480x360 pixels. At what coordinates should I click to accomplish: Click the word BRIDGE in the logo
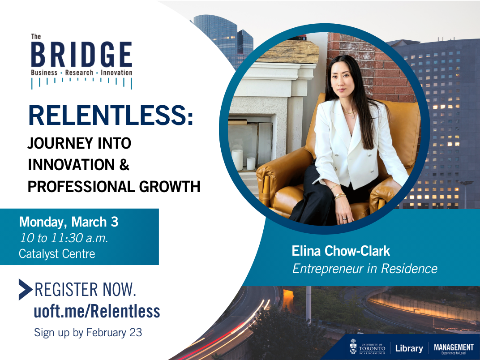point(82,55)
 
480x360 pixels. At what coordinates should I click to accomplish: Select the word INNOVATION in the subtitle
point(71,165)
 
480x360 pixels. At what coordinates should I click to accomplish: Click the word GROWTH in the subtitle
point(170,186)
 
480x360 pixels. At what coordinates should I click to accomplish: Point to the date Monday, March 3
point(69,222)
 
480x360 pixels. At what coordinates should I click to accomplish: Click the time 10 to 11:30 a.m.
point(64,238)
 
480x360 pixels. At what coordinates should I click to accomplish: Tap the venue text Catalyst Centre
point(57,254)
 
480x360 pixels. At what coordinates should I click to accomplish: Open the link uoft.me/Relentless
point(97,311)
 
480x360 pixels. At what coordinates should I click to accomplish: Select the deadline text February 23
point(114,332)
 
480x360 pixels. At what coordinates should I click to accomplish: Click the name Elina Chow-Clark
point(341,251)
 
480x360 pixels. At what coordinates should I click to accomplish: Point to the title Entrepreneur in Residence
point(364,269)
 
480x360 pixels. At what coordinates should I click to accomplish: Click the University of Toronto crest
point(353,347)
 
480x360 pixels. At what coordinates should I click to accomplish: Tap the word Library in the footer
point(409,348)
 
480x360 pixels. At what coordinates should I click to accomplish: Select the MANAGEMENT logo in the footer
point(454,348)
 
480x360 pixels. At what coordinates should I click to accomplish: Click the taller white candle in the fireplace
point(237,159)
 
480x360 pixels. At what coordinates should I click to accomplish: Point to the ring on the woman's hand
point(345,219)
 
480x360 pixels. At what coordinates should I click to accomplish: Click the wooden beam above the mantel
point(288,52)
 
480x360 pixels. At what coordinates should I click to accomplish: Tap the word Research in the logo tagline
point(79,73)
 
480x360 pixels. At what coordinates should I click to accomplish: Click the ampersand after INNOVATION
point(124,165)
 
